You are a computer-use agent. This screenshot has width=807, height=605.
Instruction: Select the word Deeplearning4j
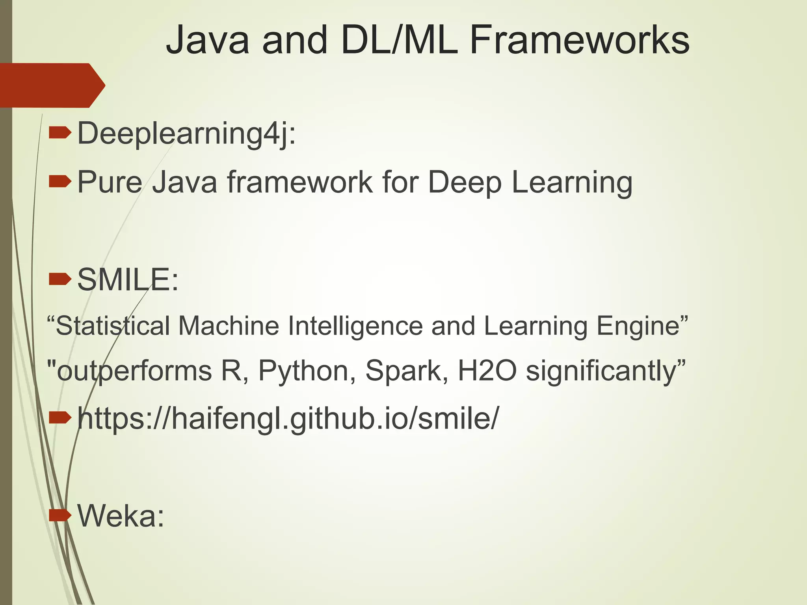click(186, 134)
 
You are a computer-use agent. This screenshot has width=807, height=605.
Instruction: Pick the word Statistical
click(112, 326)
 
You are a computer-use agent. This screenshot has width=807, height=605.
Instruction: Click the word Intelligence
click(355, 326)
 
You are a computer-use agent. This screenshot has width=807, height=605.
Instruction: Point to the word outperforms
click(134, 371)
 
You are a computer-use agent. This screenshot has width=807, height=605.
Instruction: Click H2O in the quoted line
click(487, 371)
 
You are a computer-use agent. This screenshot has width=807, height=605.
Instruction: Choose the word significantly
click(601, 371)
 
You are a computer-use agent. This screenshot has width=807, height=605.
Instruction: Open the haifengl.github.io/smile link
click(288, 418)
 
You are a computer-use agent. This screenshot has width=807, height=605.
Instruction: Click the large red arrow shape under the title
click(51, 85)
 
